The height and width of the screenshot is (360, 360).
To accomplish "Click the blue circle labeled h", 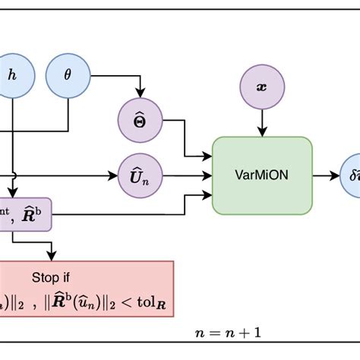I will (11, 74).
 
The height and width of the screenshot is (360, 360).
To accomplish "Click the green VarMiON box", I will (262, 175).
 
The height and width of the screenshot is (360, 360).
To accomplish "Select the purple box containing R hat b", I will (27, 216).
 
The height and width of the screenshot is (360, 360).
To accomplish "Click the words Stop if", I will (51, 277).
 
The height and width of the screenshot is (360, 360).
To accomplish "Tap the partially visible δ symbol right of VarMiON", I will (352, 175).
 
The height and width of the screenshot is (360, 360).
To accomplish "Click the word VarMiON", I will (262, 175).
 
